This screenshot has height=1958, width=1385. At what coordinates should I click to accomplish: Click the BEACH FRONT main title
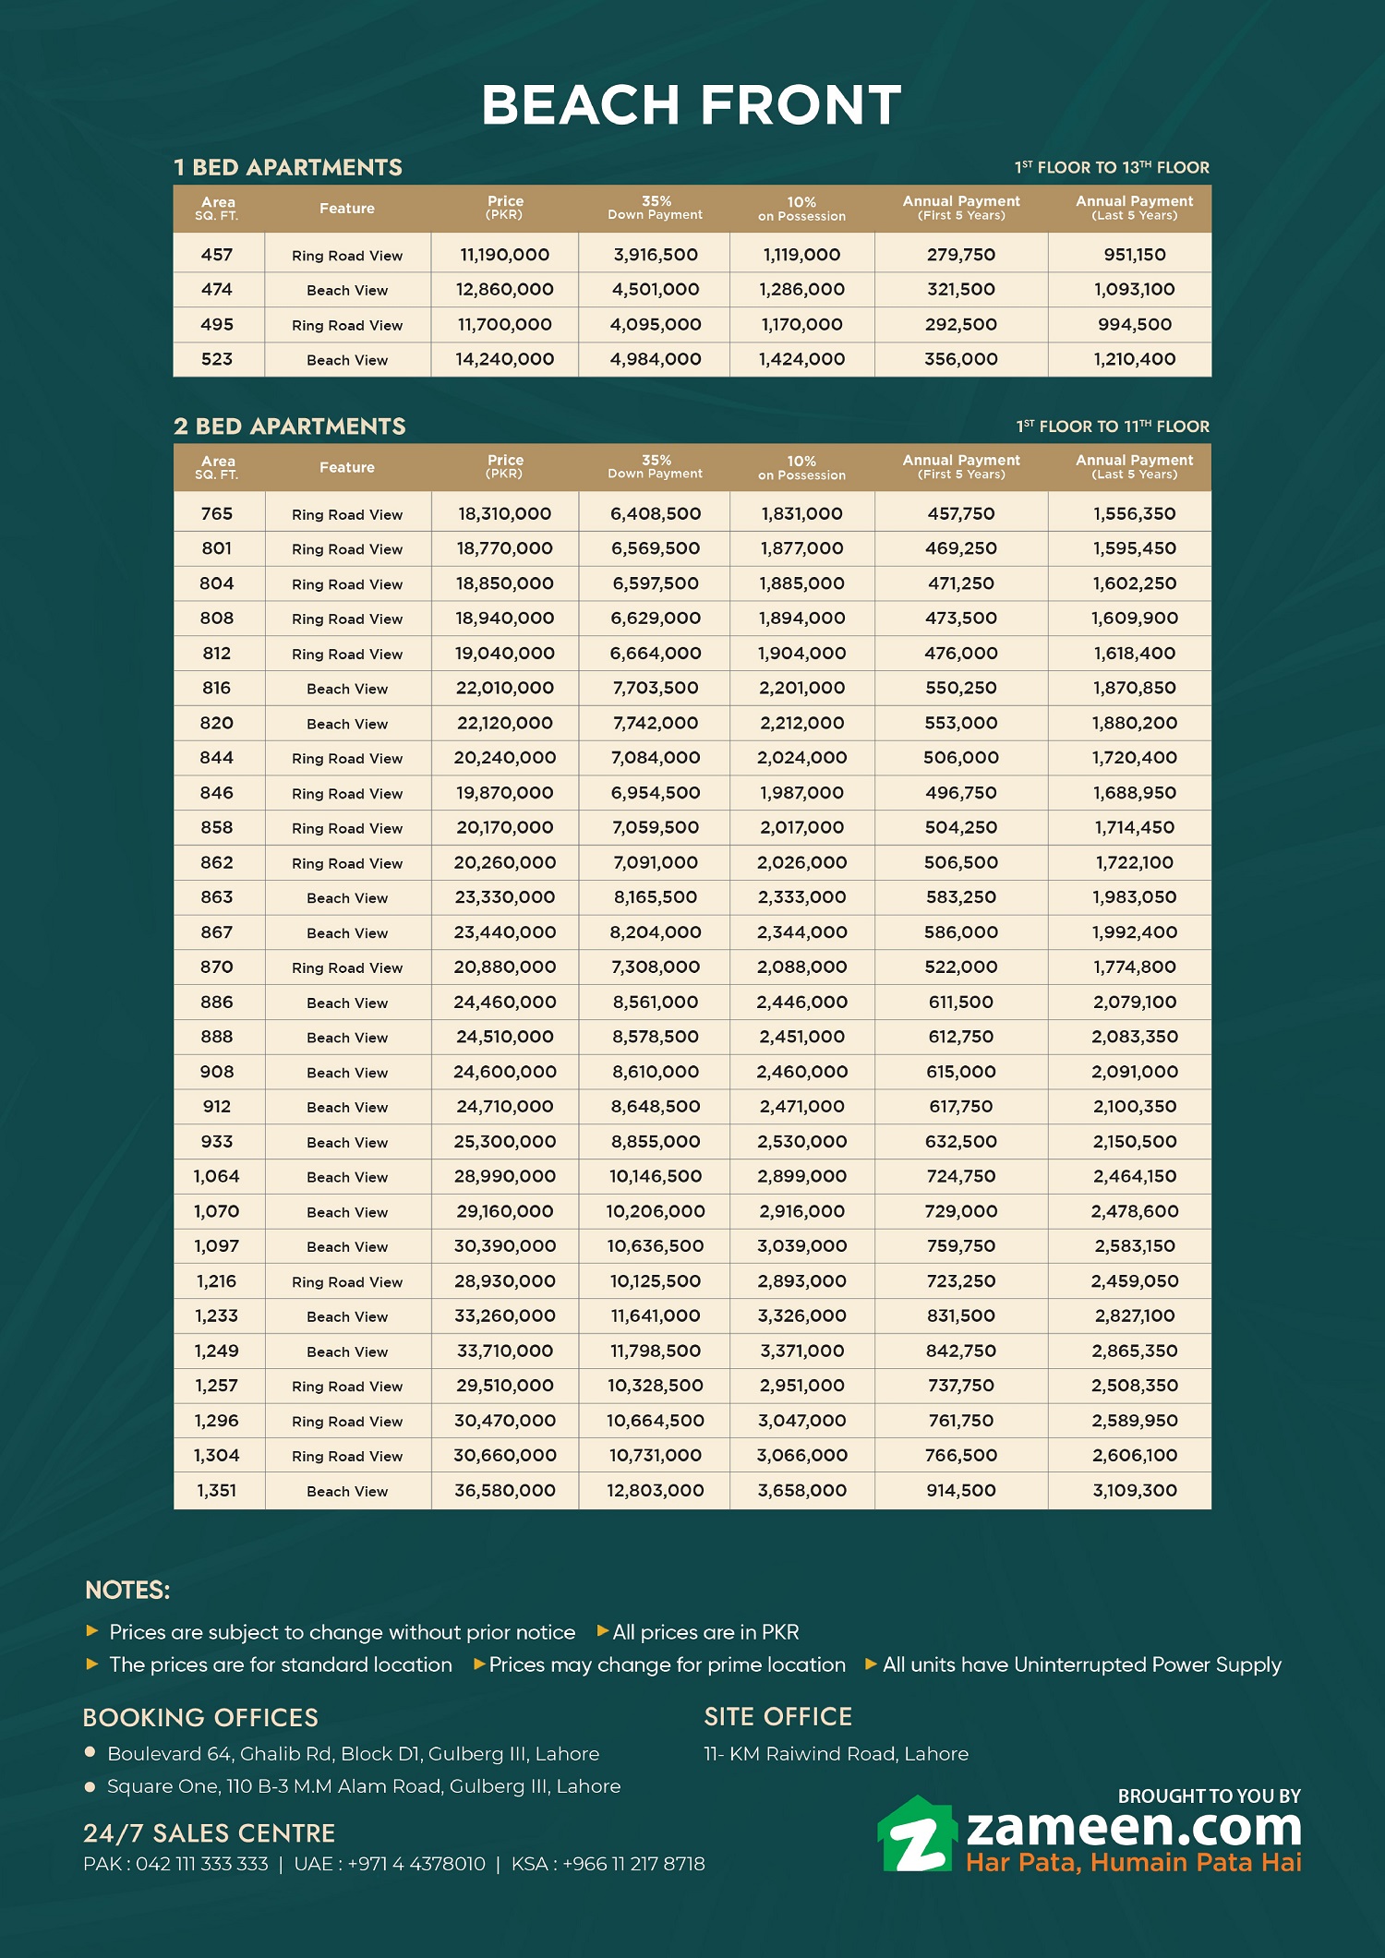[692, 104]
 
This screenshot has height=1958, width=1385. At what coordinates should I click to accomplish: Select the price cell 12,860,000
[504, 290]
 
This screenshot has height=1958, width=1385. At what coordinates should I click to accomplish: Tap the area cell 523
[217, 360]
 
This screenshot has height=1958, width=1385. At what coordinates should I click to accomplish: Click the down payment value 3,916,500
[656, 255]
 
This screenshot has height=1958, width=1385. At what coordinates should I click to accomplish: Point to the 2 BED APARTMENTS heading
[290, 426]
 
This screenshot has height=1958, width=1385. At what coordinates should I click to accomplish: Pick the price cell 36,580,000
[504, 1491]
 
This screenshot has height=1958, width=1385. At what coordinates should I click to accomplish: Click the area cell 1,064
[217, 1177]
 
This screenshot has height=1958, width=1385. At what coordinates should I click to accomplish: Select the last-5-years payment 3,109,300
[1134, 1491]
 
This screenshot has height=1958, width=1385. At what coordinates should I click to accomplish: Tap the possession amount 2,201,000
[801, 689]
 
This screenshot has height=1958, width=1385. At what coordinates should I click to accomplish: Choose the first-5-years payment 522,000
[960, 967]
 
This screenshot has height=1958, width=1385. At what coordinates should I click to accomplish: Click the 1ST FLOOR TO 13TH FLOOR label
[1112, 168]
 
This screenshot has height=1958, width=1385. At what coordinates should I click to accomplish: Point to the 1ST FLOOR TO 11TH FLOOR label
[1113, 426]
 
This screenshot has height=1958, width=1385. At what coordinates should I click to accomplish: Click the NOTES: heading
[127, 1591]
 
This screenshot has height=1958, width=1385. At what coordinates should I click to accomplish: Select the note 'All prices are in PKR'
[705, 1632]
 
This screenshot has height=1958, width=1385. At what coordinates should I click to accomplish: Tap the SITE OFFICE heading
[777, 1717]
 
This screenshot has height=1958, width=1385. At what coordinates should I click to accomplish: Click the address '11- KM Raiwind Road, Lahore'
[836, 1754]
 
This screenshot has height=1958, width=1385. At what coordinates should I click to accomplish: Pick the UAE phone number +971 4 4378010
[415, 1864]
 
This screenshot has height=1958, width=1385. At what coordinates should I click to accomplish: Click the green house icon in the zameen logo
[915, 1836]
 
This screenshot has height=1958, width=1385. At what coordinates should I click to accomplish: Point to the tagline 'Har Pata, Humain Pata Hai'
[1133, 1863]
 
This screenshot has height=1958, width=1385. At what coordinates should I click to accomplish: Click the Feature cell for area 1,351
[347, 1492]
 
